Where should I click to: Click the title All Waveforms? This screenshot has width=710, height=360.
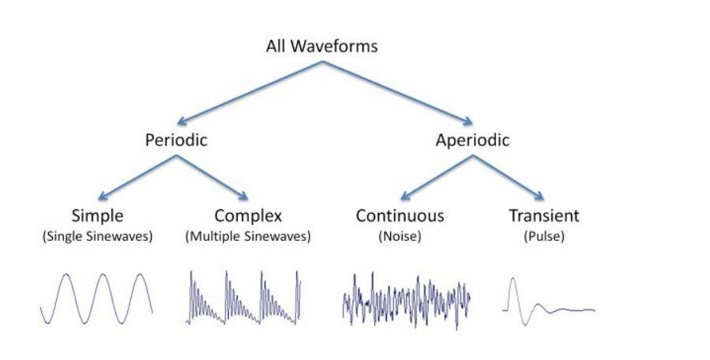321,46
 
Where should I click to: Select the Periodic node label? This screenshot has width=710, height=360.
176,141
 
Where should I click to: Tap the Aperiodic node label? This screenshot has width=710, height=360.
472,141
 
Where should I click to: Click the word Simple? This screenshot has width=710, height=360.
98,215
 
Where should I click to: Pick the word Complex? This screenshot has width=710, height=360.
247,215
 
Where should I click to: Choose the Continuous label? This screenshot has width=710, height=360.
400,215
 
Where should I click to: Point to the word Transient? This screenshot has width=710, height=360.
543,215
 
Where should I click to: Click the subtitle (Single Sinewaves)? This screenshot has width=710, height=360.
98,235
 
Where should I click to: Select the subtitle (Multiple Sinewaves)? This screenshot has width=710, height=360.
247,235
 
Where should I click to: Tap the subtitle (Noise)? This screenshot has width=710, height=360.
400,235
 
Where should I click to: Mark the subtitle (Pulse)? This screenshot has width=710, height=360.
543,235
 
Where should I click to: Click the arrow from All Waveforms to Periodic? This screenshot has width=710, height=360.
249,92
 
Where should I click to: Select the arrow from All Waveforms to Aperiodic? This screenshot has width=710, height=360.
395,92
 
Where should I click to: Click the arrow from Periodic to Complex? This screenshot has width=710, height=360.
213,176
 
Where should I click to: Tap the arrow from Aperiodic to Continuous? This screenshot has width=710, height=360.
436,176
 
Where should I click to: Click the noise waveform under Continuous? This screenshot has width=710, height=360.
407,299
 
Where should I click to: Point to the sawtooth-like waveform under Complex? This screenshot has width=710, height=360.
244,298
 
